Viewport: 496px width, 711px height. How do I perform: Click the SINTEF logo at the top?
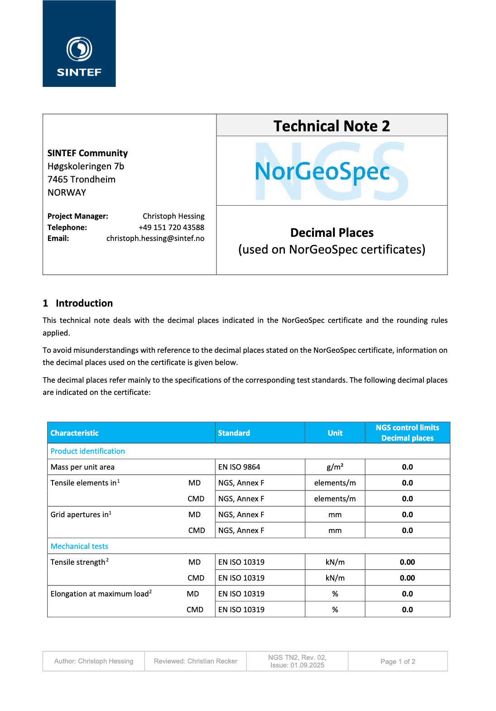coord(79,44)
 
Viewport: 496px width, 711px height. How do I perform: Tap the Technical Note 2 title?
coord(332,126)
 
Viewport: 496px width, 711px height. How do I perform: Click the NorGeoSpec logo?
coord(323,171)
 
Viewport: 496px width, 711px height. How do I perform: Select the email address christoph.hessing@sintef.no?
coord(155,238)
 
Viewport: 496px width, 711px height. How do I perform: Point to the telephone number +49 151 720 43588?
coord(171,227)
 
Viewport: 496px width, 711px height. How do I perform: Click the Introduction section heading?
coord(84,303)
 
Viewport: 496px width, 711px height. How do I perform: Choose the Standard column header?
coord(234,433)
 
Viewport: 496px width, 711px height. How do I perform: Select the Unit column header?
coord(335,433)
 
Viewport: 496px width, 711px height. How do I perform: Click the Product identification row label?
coord(87,451)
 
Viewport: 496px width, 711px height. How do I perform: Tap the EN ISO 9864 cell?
coord(239,467)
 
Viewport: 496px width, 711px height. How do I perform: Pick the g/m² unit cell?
coord(335,467)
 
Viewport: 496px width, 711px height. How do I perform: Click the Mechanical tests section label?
coord(79,546)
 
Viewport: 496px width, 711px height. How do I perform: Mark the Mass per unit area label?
coord(82,467)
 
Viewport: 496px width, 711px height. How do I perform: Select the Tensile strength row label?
coord(78,562)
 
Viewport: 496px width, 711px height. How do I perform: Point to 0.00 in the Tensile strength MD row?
coord(407,562)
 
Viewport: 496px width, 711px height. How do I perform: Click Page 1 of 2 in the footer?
coord(398,662)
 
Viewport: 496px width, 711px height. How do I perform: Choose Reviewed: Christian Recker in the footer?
coord(195,661)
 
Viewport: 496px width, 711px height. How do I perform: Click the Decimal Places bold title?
coord(332,233)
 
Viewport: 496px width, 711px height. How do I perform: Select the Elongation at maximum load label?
coord(100,594)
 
